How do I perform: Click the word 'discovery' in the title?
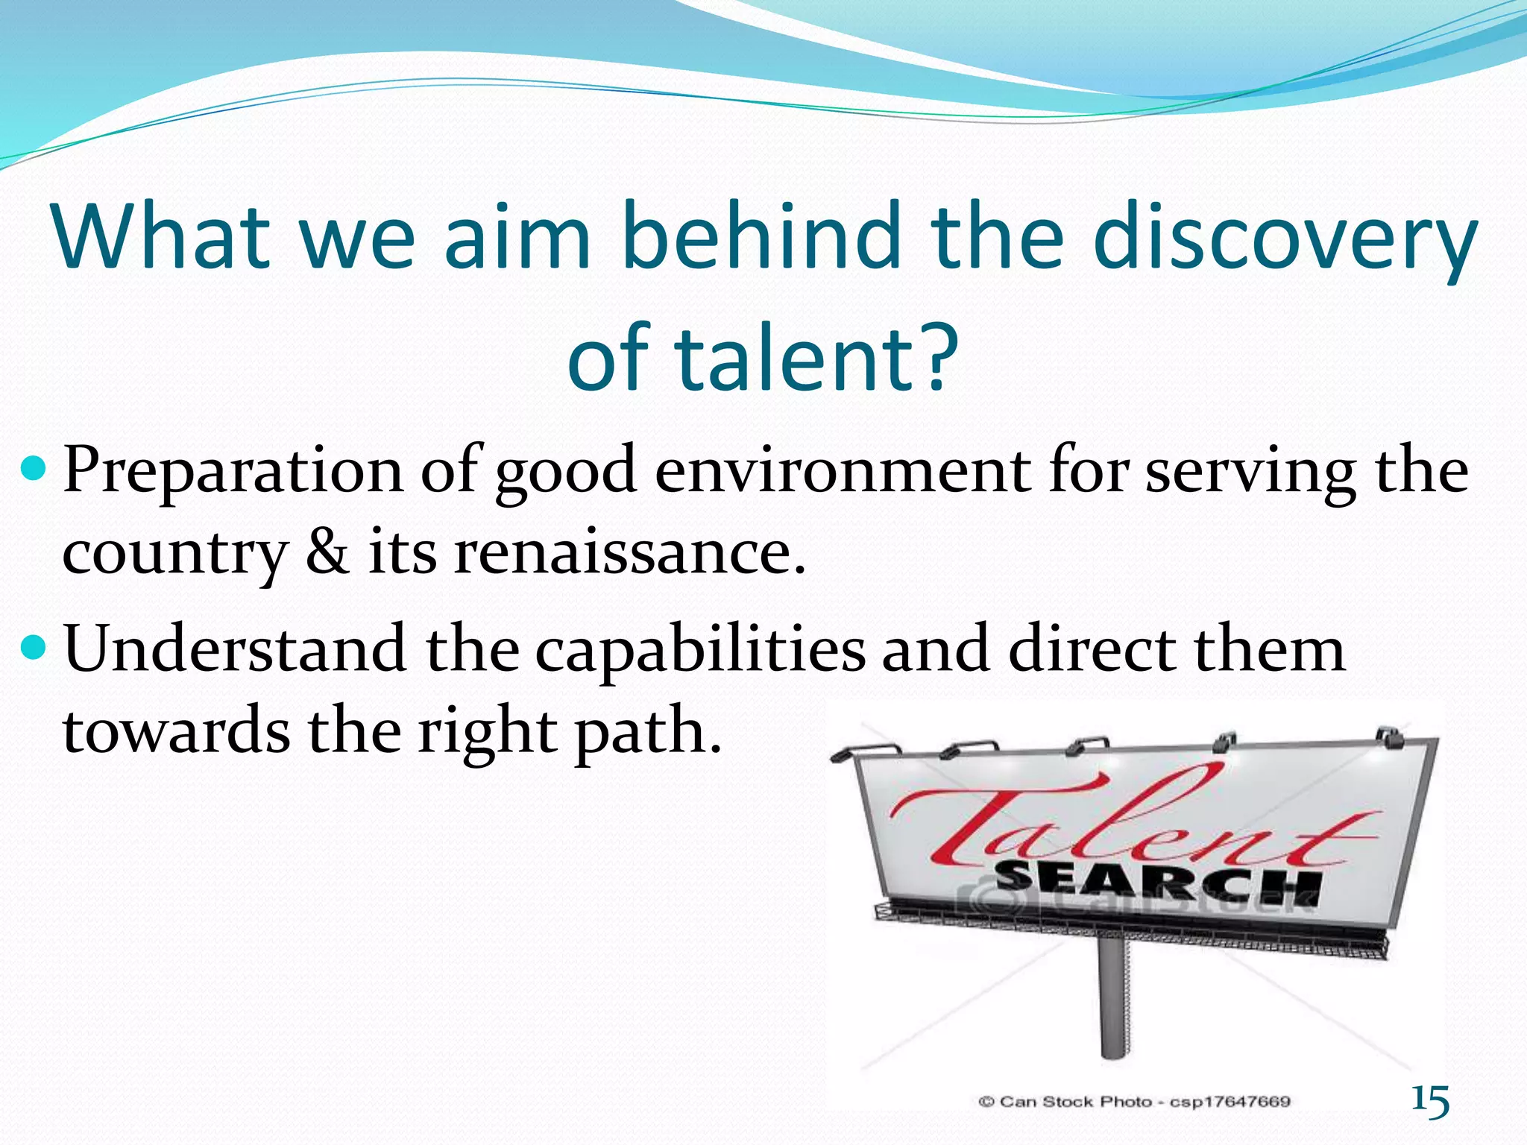click(1285, 237)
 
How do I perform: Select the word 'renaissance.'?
click(630, 554)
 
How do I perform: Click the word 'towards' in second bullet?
click(176, 731)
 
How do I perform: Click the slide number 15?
click(1430, 1100)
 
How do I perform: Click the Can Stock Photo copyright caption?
click(1134, 1101)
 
